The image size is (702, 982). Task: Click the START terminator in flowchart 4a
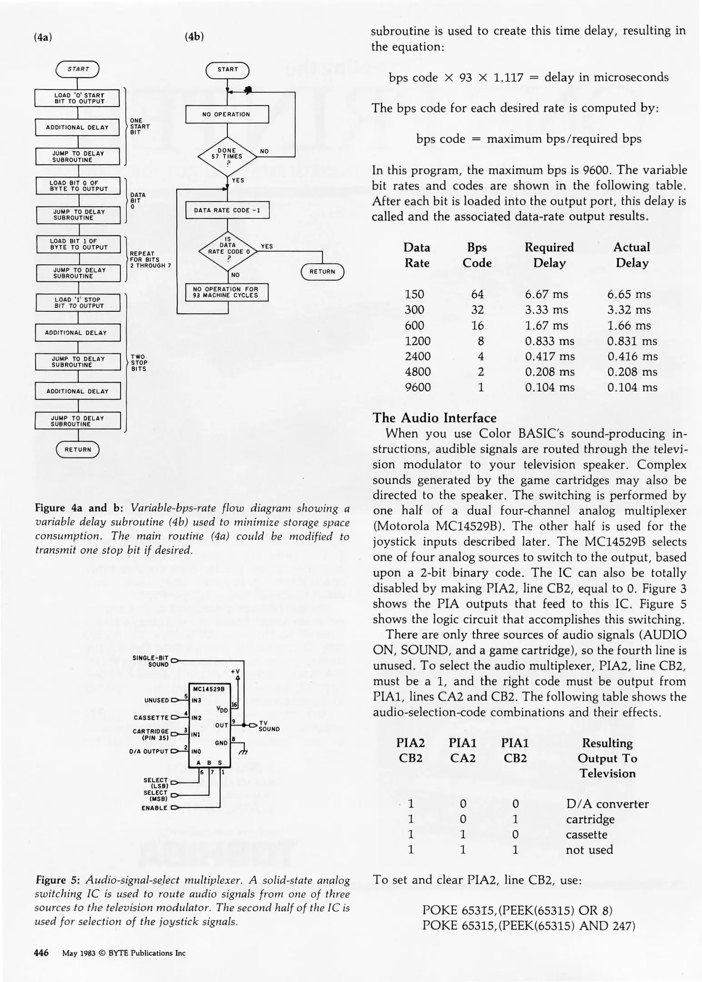pyautogui.click(x=78, y=70)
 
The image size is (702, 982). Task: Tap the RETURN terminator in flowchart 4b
pyautogui.click(x=323, y=272)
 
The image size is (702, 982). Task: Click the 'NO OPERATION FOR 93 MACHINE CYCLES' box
pyautogui.click(x=226, y=292)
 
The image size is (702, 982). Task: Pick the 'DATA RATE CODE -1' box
pyautogui.click(x=227, y=210)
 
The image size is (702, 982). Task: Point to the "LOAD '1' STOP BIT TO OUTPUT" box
pyautogui.click(x=78, y=303)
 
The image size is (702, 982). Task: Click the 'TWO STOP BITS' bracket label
pyautogui.click(x=138, y=363)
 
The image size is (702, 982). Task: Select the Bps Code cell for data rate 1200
pyautogui.click(x=480, y=341)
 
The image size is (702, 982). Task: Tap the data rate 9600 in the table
pyautogui.click(x=418, y=387)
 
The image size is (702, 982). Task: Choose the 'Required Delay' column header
pyautogui.click(x=549, y=255)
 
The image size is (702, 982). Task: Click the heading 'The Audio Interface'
pyautogui.click(x=434, y=418)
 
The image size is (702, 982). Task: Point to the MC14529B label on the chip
pyautogui.click(x=209, y=689)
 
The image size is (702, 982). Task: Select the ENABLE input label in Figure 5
pyautogui.click(x=154, y=808)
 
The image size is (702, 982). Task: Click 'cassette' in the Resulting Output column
pyautogui.click(x=586, y=834)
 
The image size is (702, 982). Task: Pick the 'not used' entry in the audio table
pyautogui.click(x=589, y=850)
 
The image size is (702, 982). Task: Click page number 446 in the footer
pyautogui.click(x=41, y=953)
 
